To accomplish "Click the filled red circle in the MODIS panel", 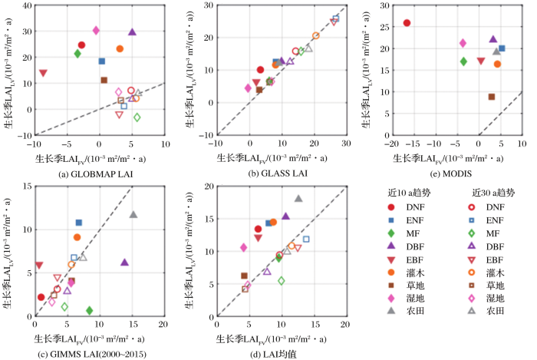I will click(407, 23).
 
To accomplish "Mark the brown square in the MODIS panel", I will click(492, 97).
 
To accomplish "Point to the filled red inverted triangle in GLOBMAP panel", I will click(43, 74).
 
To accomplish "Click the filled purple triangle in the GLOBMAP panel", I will click(132, 32).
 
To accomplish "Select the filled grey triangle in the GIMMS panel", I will click(133, 215).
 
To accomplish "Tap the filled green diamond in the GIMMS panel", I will click(90, 310).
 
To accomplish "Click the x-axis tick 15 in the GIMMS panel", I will click(131, 325).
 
